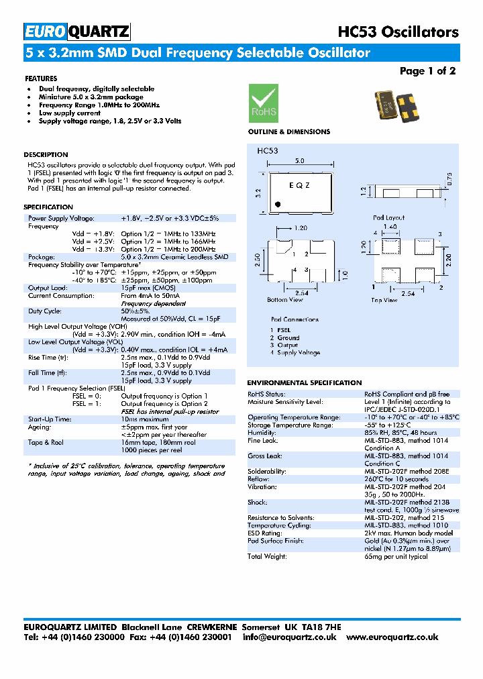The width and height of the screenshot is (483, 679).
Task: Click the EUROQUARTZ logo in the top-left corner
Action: click(x=77, y=31)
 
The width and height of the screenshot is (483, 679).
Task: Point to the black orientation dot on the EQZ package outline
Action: click(x=278, y=203)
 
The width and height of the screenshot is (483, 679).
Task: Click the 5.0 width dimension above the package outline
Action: click(x=300, y=161)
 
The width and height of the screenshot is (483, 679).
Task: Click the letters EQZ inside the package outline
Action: click(x=299, y=185)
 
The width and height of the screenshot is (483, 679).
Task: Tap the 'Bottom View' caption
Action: click(x=285, y=300)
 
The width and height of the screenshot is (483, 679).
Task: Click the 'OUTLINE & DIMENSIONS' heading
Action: click(x=289, y=132)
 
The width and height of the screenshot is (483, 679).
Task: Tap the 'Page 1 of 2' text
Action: click(x=427, y=71)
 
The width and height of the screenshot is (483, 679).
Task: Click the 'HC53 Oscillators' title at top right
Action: click(x=398, y=32)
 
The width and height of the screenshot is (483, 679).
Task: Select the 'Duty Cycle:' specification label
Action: click(x=45, y=311)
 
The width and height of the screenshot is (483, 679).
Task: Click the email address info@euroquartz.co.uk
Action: click(x=290, y=637)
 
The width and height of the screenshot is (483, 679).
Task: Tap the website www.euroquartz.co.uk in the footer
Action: click(x=392, y=637)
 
